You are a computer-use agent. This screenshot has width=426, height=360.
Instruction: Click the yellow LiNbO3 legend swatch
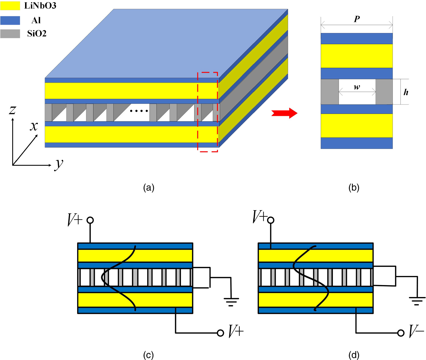click(10, 6)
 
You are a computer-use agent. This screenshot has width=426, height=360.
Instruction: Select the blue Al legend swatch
click(10, 21)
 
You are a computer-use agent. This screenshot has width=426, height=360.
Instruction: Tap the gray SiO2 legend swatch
click(10, 34)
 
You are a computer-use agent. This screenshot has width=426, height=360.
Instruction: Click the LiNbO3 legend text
click(40, 6)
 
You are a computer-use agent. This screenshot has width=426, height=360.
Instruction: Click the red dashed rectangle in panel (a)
click(208, 73)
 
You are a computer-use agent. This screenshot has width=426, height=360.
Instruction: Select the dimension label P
click(357, 19)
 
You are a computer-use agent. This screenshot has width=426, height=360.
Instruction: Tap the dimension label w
click(357, 87)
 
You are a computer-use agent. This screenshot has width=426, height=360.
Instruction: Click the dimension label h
click(406, 92)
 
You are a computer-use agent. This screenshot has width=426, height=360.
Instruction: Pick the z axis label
click(13, 110)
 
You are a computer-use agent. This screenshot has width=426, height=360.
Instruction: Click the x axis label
click(34, 126)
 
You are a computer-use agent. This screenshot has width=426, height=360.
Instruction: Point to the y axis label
click(59, 164)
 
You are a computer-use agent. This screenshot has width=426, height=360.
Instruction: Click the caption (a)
click(149, 188)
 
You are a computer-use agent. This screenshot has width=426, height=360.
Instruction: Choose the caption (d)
click(354, 355)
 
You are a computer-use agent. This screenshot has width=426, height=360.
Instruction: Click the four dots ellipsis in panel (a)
click(139, 111)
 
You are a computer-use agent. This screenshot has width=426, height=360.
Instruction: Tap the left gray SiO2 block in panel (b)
click(329, 92)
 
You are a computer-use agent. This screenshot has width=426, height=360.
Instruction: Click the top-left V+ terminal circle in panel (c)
click(90, 220)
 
